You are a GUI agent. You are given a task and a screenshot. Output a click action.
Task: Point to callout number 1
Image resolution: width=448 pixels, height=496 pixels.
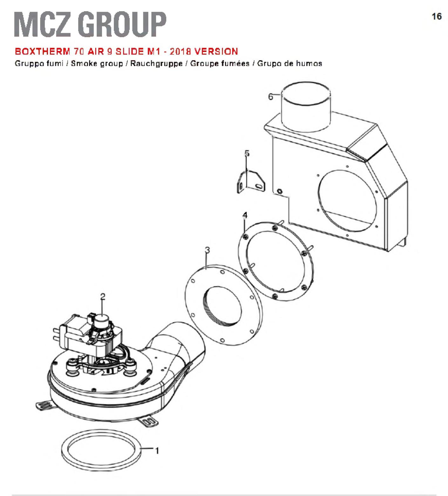(x=156, y=451)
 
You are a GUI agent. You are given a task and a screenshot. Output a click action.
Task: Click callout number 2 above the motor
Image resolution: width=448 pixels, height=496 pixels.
(x=103, y=297)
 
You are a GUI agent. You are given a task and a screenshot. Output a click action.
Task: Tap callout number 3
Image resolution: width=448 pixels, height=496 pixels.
(x=207, y=250)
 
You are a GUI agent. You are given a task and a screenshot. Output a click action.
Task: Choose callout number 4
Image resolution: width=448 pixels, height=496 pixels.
(x=245, y=215)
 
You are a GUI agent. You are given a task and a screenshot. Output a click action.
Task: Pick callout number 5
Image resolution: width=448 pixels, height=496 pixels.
(x=247, y=153)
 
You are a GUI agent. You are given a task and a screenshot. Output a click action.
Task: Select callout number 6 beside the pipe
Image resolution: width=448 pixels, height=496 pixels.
(x=271, y=97)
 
